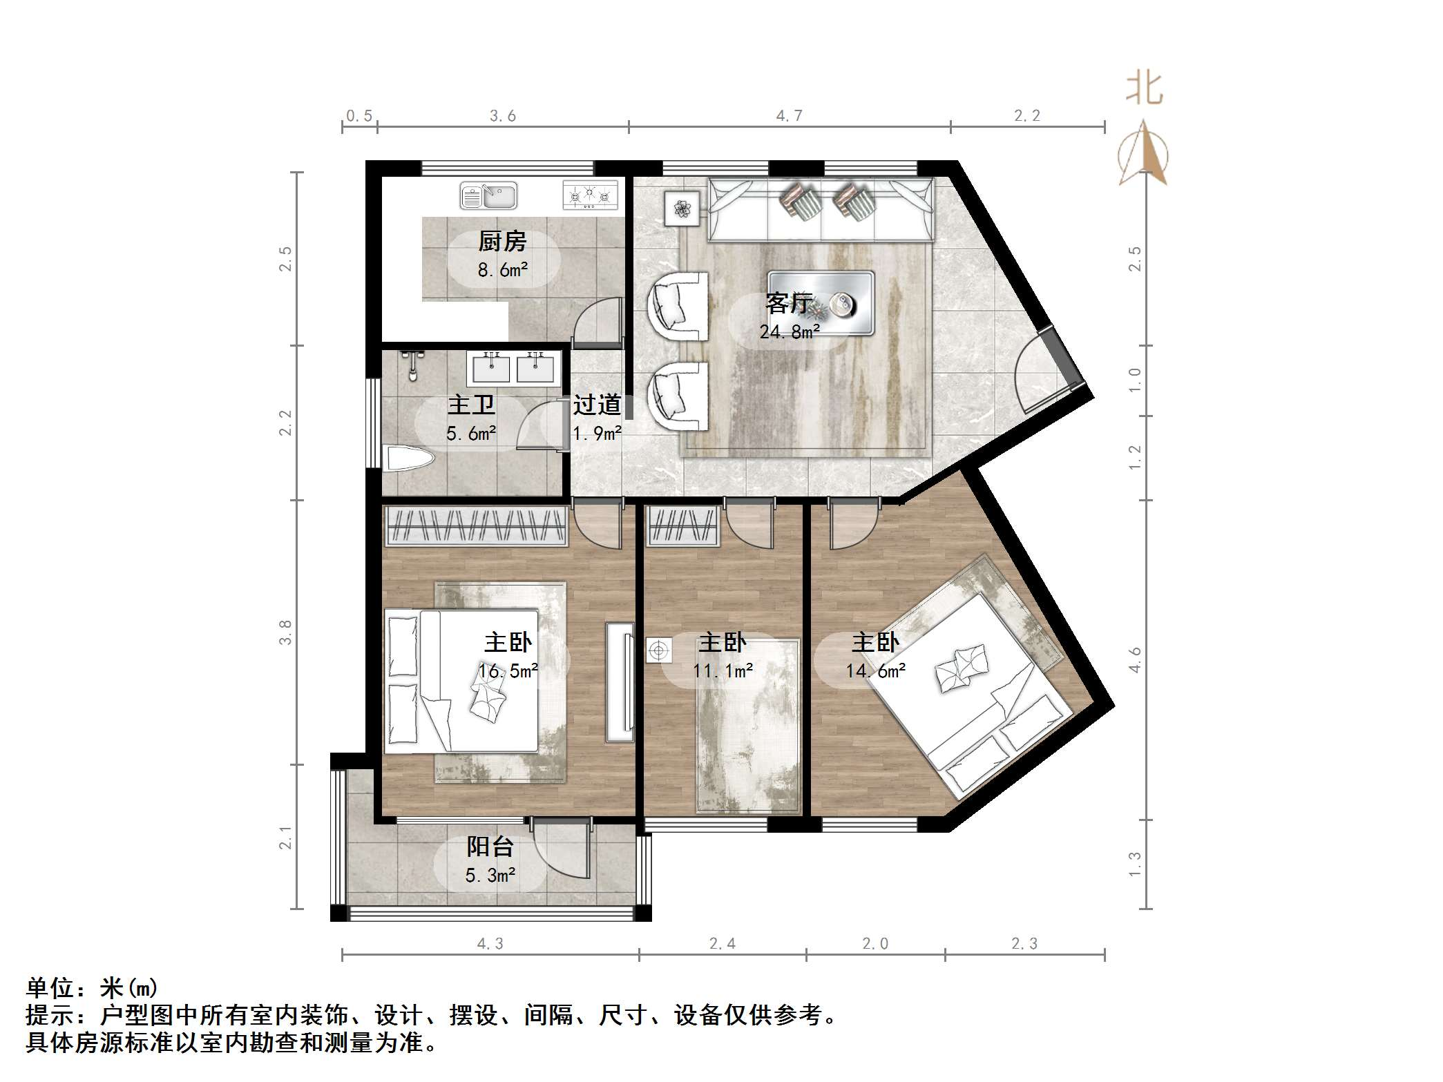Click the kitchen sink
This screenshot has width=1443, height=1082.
coord(488,195)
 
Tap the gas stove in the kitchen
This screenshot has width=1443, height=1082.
coord(590,195)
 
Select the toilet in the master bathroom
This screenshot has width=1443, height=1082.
coord(408,459)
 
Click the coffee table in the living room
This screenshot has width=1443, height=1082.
coord(821,303)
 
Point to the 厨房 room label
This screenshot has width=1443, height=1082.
coord(502,242)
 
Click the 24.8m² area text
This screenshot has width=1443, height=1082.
coord(790,332)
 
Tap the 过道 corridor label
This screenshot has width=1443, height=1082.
coord(597,405)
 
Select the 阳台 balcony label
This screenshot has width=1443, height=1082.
coord(490,847)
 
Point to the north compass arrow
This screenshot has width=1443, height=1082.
coord(1143,153)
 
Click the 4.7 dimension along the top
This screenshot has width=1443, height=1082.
coord(789,116)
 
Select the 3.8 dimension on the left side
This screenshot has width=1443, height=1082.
coord(285,632)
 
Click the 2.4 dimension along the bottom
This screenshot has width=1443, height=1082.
coord(722,943)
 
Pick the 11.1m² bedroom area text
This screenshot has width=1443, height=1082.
coord(723,670)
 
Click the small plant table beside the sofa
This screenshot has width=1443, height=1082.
coord(682,208)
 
